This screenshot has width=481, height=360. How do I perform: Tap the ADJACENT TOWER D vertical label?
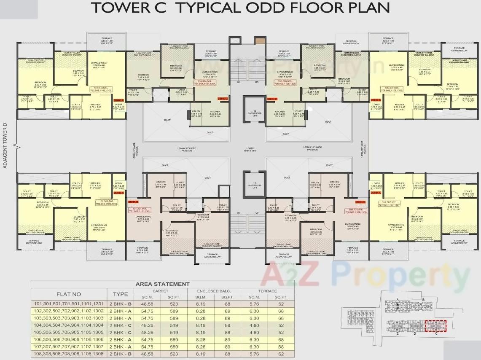coord(5,146)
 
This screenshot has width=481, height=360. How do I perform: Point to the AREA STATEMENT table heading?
coord(162,284)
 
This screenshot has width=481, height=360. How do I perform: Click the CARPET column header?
coord(160,291)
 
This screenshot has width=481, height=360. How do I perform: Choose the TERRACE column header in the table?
coord(268,291)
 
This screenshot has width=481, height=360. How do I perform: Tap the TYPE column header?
coord(120,294)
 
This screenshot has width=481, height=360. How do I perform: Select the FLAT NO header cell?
coord(69,294)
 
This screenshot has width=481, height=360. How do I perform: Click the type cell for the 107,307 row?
coord(120,347)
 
